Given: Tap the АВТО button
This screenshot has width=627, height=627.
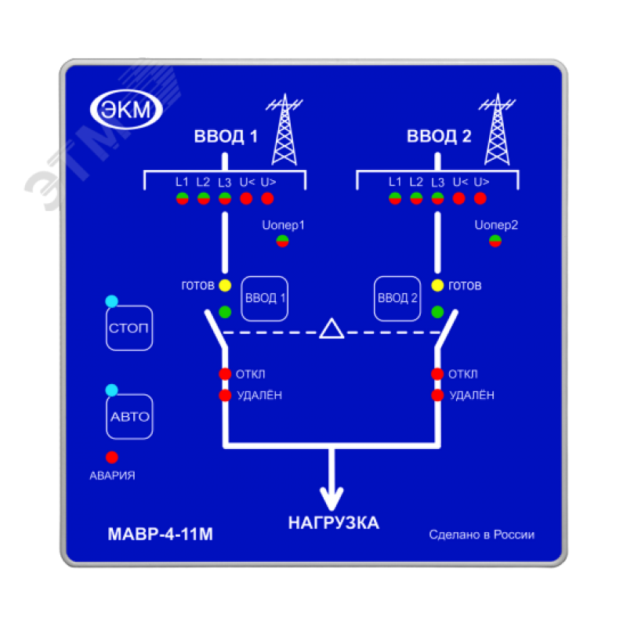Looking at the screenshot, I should (129, 416).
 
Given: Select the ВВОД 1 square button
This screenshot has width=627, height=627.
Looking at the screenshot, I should (266, 299).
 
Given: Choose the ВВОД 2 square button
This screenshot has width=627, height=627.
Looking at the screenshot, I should (397, 299).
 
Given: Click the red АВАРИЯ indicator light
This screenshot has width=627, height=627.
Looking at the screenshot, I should (112, 456).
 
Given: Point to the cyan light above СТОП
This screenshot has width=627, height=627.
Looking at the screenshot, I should (111, 301).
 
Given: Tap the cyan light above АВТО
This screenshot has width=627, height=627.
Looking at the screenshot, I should (111, 390).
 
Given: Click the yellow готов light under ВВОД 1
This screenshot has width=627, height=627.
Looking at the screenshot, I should (225, 285).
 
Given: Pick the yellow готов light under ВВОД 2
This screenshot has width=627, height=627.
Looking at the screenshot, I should (437, 285).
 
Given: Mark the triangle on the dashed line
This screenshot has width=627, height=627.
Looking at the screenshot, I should (331, 329).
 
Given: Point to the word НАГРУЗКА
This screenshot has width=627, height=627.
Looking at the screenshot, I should (333, 523).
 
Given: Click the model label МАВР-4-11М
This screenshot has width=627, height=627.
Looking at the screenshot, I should (159, 536).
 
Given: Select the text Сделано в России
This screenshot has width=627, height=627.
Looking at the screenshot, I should (481, 535).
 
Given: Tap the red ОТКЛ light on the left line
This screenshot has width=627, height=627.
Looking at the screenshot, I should (225, 374).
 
